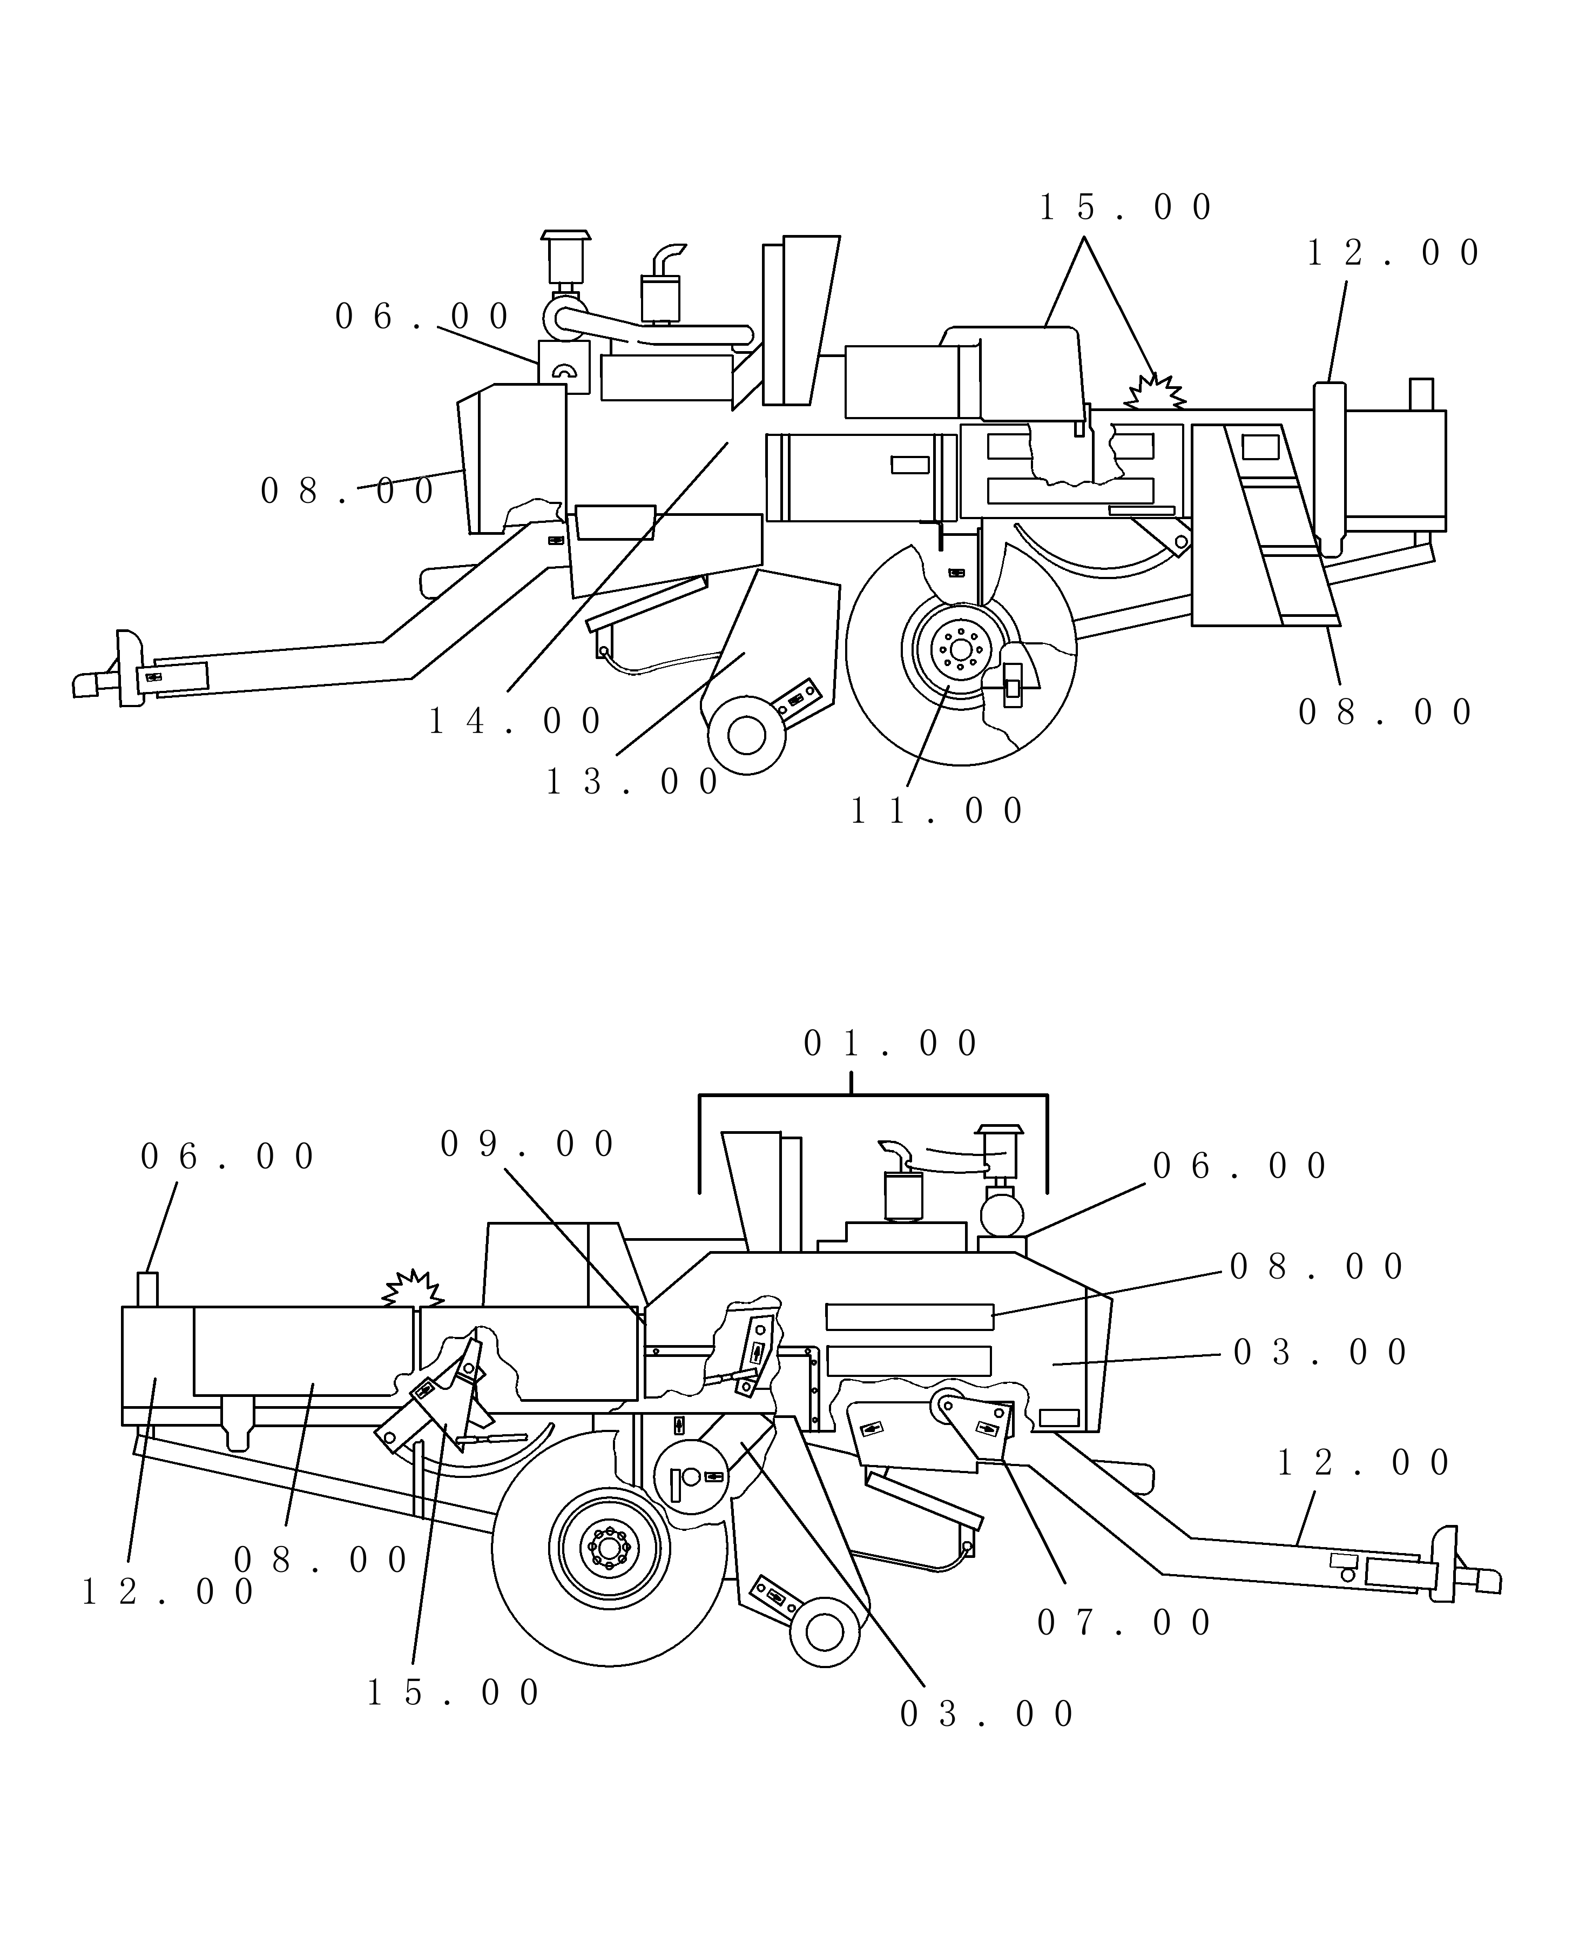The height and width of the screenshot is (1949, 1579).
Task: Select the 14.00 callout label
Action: [x=515, y=722]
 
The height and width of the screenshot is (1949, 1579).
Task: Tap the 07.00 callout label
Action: [x=1124, y=1622]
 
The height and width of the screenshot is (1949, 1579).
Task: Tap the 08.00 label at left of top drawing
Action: [x=347, y=492]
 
